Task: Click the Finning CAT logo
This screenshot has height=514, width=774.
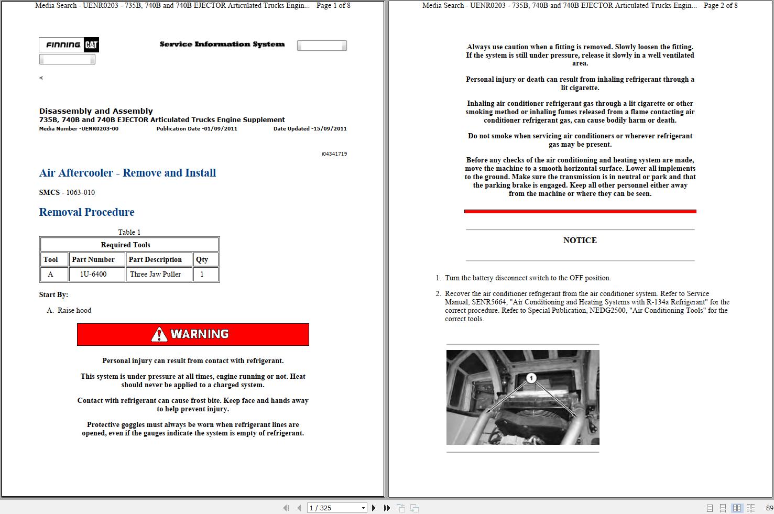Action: pyautogui.click(x=69, y=45)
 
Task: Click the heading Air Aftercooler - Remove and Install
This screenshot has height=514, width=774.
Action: pyautogui.click(x=127, y=173)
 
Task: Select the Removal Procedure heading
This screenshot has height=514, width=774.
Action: pyautogui.click(x=86, y=212)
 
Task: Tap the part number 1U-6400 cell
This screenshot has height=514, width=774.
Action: pyautogui.click(x=93, y=274)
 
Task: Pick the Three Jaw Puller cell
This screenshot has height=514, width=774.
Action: pyautogui.click(x=155, y=274)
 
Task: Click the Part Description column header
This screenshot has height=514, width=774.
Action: pyautogui.click(x=155, y=259)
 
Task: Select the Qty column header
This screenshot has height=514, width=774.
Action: pyautogui.click(x=202, y=259)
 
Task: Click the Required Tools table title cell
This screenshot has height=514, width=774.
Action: pyautogui.click(x=126, y=245)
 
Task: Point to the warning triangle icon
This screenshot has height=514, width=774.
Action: pyautogui.click(x=159, y=334)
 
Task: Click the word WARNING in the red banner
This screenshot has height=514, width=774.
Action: pyautogui.click(x=200, y=334)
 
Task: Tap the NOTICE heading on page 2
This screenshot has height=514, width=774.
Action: pyautogui.click(x=580, y=240)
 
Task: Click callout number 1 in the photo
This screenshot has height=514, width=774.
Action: pyautogui.click(x=531, y=378)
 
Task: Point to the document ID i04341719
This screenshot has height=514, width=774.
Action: pyautogui.click(x=334, y=154)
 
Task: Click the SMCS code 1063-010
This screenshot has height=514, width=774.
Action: pyautogui.click(x=80, y=192)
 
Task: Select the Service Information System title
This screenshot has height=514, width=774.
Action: pyautogui.click(x=222, y=45)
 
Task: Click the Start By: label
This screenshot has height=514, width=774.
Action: pyautogui.click(x=53, y=294)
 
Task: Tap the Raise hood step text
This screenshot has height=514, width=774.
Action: pyautogui.click(x=74, y=310)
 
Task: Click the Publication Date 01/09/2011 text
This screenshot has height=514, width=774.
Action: pyautogui.click(x=197, y=128)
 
